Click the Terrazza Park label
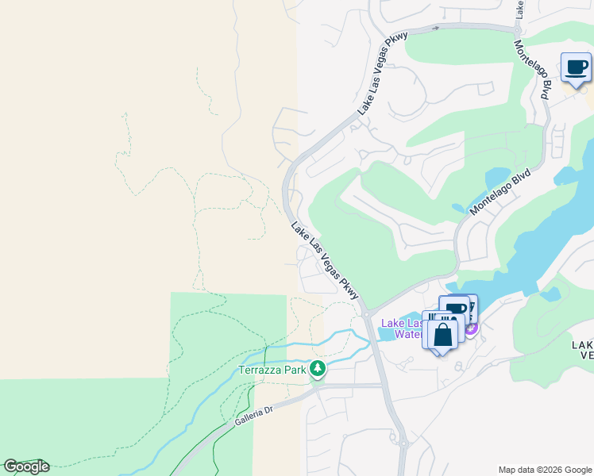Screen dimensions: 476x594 [x=273, y=370]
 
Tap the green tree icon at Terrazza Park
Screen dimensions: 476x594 [x=318, y=368]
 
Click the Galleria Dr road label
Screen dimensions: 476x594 [x=253, y=415]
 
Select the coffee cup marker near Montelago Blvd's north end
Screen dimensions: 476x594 [x=576, y=67]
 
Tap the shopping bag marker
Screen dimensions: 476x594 [x=443, y=334]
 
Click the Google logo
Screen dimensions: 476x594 [x=25, y=466]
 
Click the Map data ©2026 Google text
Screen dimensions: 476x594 [x=545, y=470]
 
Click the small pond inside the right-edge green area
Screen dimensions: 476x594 [x=550, y=294]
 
